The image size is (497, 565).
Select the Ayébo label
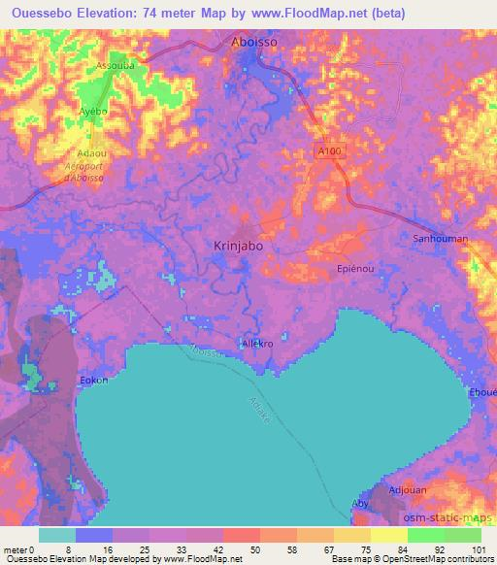[92, 112]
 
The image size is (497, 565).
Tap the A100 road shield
[329, 152]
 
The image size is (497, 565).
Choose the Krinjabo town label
[238, 247]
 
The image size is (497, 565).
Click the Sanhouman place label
[441, 238]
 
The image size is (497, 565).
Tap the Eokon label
[93, 380]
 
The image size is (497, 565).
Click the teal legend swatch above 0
[57, 535]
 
